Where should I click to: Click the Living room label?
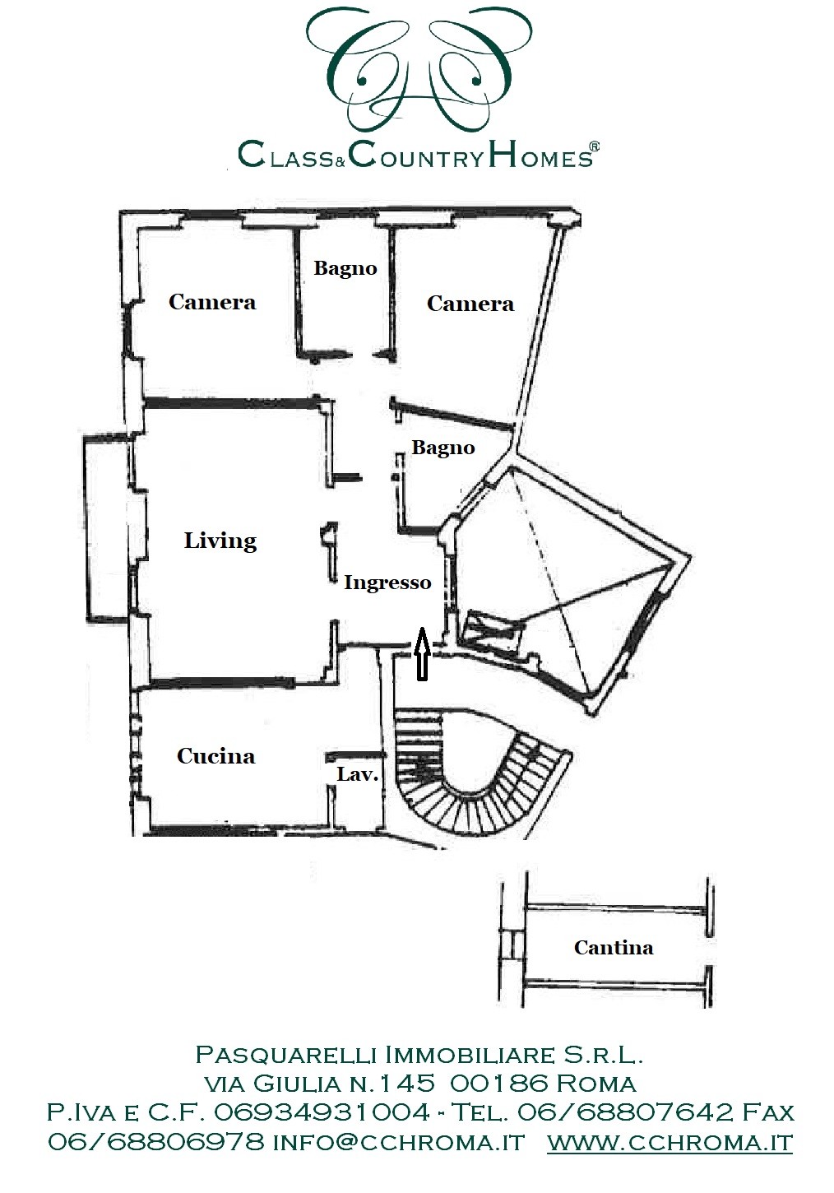(220, 541)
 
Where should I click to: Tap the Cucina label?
(215, 756)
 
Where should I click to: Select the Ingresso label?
(387, 583)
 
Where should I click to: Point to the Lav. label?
(357, 774)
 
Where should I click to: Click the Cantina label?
(614, 948)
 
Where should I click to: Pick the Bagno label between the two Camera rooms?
(345, 268)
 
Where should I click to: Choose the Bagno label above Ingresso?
(443, 448)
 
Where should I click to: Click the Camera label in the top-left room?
(212, 302)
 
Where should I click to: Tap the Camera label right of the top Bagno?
(470, 304)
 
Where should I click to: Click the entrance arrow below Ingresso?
(422, 653)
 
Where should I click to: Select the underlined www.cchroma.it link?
(670, 1141)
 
